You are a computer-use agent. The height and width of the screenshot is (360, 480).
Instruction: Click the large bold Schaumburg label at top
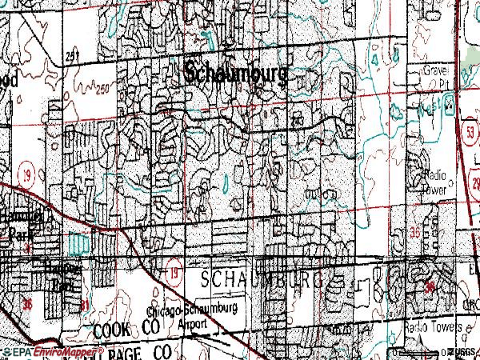236,72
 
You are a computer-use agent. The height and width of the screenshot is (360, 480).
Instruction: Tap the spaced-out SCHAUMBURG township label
262,280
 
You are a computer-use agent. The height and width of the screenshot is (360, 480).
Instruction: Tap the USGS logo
462,352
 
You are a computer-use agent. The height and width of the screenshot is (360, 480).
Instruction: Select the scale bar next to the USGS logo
420,352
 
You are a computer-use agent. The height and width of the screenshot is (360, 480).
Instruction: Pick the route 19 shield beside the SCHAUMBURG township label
174,274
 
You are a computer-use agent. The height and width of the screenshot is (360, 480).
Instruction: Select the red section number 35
414,231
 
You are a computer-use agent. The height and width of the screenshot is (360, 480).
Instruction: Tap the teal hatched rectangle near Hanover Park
78,241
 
